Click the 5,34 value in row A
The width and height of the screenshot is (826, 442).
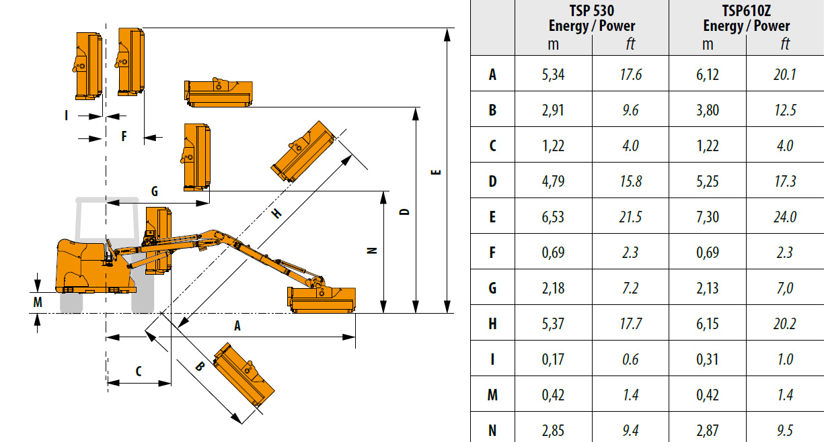[x=553, y=75]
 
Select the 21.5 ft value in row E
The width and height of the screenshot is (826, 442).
[x=630, y=217]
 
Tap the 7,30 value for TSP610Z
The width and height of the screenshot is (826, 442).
[x=708, y=217]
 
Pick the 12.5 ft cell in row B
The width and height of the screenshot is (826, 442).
[x=785, y=110]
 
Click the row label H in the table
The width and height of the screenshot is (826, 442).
[x=492, y=324]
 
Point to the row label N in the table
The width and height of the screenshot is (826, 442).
[x=492, y=431]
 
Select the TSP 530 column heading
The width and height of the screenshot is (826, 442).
[x=591, y=19]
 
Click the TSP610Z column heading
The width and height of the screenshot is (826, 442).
[x=746, y=19]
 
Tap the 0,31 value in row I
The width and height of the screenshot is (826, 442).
[x=708, y=359]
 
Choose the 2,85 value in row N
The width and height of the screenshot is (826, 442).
[x=553, y=431]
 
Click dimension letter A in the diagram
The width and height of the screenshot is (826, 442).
[x=237, y=326]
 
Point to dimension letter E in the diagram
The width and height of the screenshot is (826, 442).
[x=436, y=173]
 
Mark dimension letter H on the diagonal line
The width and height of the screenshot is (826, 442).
[x=276, y=214]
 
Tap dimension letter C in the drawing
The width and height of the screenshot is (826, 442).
[x=139, y=371]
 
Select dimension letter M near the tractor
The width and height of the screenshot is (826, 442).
[x=38, y=302]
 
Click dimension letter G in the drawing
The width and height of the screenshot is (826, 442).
[x=154, y=192]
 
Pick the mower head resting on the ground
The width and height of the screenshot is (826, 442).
[x=322, y=300]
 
